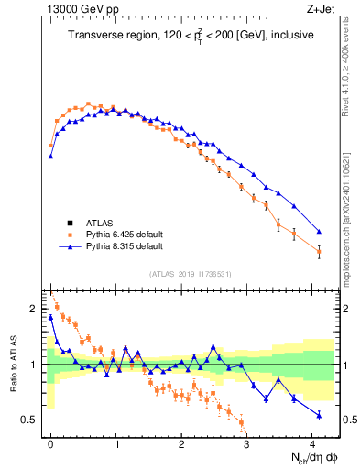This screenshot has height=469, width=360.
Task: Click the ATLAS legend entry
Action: tap(100, 223)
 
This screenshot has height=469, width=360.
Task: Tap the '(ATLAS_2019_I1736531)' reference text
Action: tap(190, 274)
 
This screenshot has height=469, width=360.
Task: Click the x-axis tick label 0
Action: tap(50, 442)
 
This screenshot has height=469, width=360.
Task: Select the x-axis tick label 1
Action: tap(116, 442)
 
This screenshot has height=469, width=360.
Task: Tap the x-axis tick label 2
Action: tap(181, 442)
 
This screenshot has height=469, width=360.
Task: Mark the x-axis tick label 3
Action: tap(247, 442)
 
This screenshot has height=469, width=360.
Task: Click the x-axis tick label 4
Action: tap(312, 442)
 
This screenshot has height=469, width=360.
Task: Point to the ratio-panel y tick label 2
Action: tap(36, 310)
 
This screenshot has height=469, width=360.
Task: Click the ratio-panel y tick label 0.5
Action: tap(32, 420)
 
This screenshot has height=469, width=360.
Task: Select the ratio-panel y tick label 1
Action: tap(36, 365)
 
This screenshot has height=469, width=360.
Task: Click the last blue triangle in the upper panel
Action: tap(319, 232)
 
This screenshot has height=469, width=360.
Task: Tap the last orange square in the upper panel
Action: tap(319, 252)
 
